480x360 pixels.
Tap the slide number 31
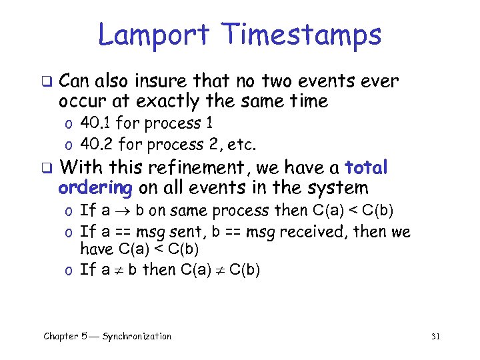(435, 336)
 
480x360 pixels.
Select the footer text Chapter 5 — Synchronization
(107, 336)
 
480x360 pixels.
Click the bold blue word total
(365, 167)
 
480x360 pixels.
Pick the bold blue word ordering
(96, 188)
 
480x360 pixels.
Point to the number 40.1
(94, 123)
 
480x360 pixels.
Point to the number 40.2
(95, 144)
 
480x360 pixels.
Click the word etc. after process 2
(243, 144)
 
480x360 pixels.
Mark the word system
(337, 188)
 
